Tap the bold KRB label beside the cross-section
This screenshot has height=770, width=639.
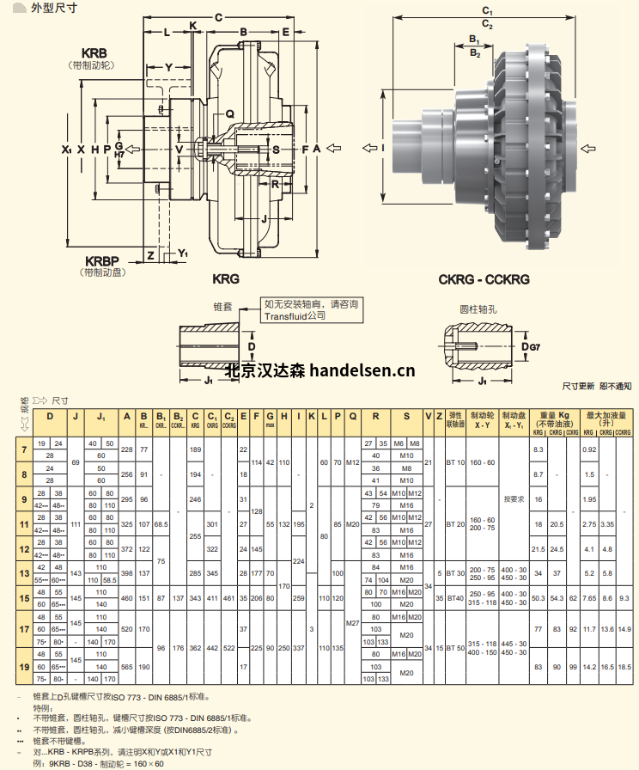pyautogui.click(x=94, y=52)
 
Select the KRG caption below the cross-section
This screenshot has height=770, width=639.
pyautogui.click(x=225, y=279)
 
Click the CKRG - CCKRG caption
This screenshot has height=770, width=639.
pyautogui.click(x=484, y=279)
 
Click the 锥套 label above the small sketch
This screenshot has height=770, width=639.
pyautogui.click(x=222, y=306)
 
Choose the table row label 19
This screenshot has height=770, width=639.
pyautogui.click(x=23, y=666)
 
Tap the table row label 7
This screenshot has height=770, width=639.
pyautogui.click(x=23, y=449)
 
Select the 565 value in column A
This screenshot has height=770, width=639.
pyautogui.click(x=127, y=666)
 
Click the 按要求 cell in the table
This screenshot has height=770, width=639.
pyautogui.click(x=514, y=498)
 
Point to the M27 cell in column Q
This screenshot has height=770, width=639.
pyautogui.click(x=352, y=622)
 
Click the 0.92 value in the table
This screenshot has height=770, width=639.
pyautogui.click(x=589, y=449)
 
